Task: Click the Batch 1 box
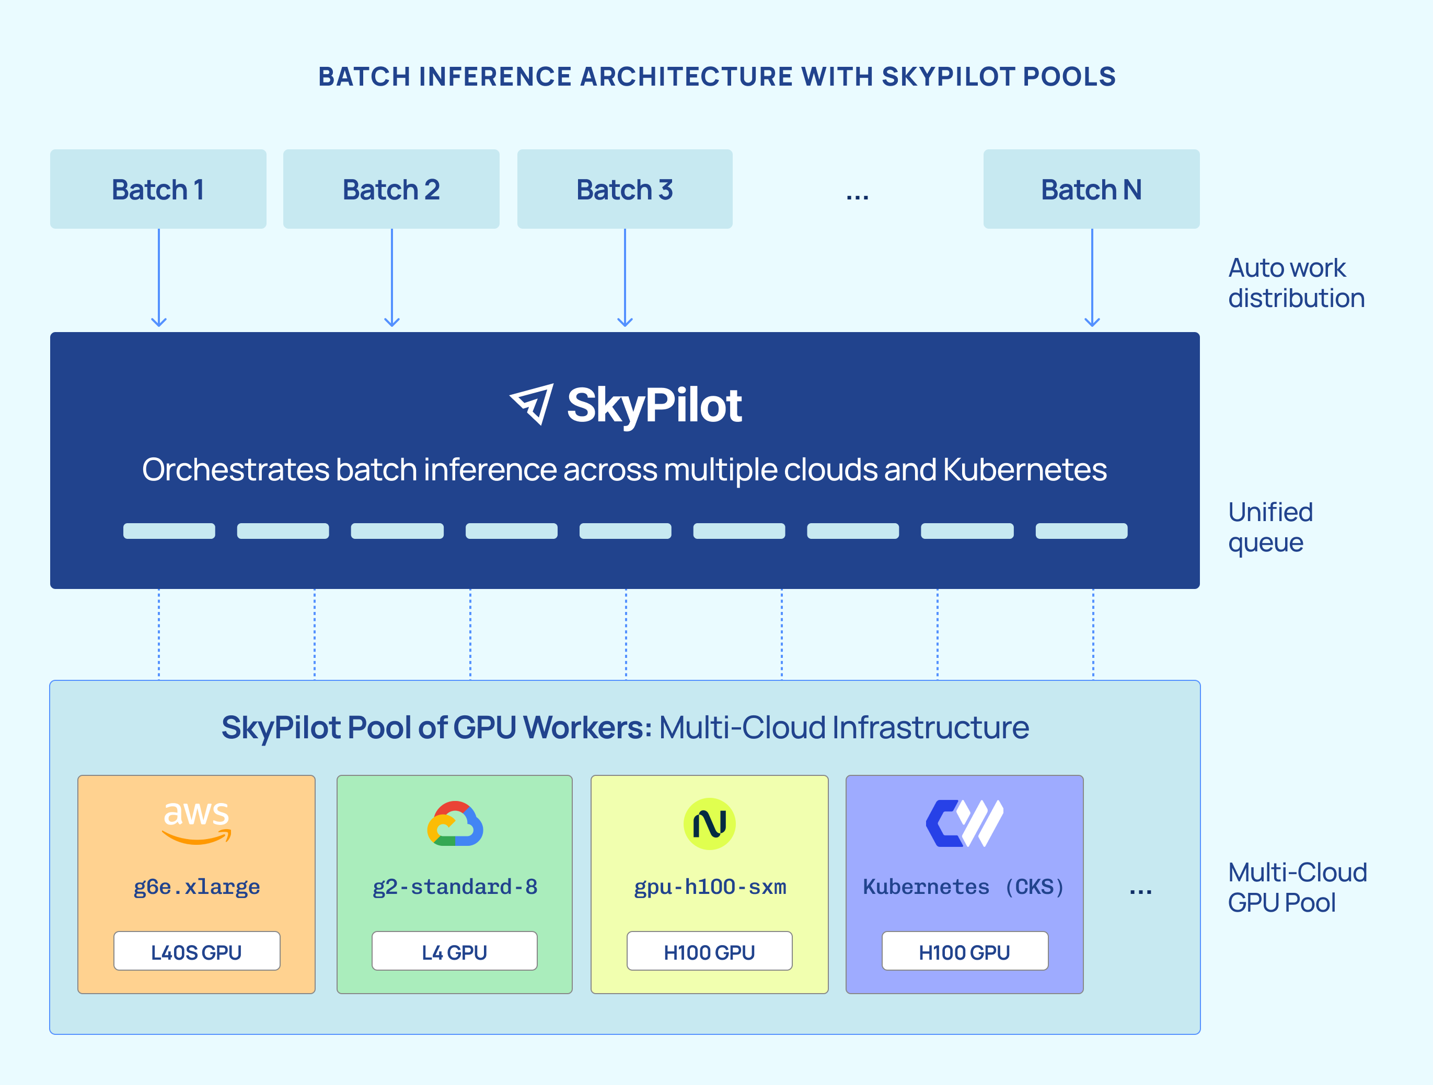click(x=158, y=189)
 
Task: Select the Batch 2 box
click(x=391, y=189)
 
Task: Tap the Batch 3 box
click(x=625, y=189)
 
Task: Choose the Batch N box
click(x=1091, y=189)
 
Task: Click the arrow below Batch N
click(x=1092, y=278)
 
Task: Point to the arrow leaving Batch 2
click(x=392, y=278)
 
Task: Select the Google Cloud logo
click(x=455, y=823)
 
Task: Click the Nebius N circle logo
click(x=709, y=823)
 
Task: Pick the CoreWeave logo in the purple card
click(x=964, y=823)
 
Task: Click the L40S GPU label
click(x=197, y=952)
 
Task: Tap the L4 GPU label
click(x=454, y=952)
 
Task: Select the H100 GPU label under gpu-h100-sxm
click(x=709, y=952)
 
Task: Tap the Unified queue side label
click(x=1270, y=527)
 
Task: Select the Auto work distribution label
click(x=1296, y=283)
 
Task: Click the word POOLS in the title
click(x=1069, y=76)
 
